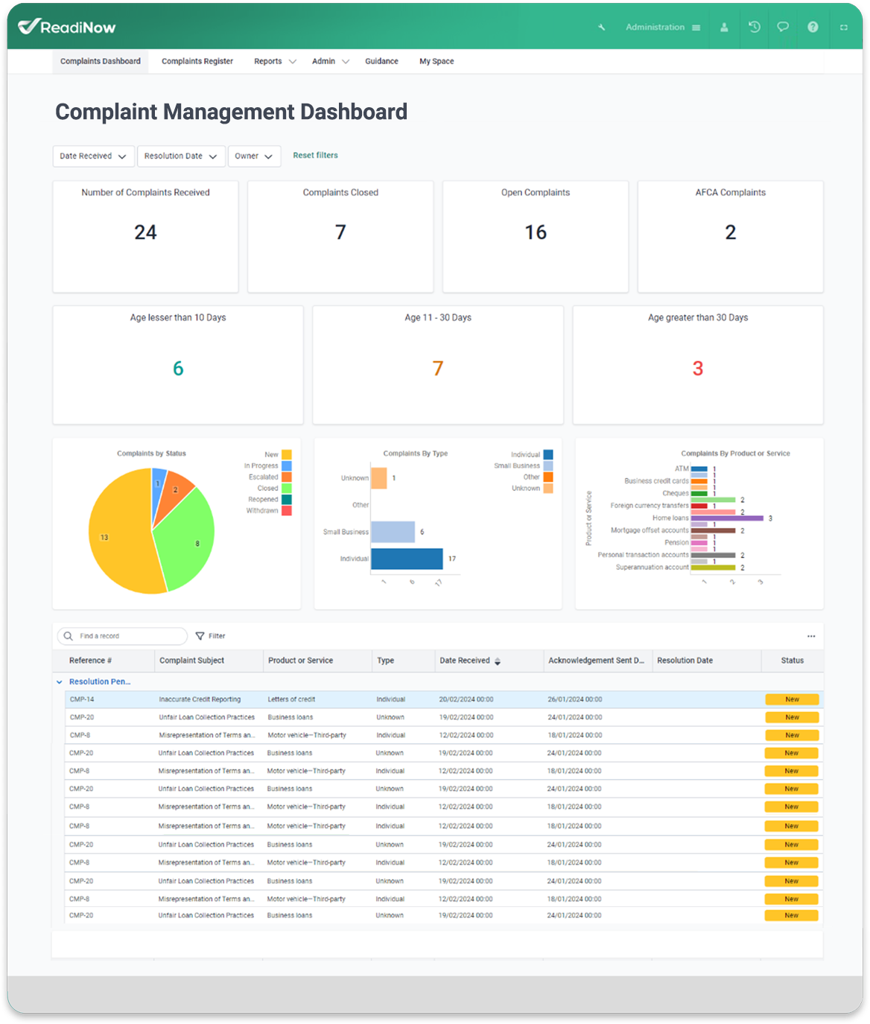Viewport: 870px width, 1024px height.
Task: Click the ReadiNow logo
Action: point(67,27)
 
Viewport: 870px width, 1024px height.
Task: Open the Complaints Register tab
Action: point(197,61)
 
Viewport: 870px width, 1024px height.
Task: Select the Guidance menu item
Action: point(381,61)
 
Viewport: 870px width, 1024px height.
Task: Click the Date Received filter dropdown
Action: point(93,156)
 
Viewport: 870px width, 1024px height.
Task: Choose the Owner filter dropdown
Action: point(254,156)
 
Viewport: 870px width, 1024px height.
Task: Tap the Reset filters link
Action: point(315,156)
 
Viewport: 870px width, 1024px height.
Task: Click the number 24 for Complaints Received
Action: point(145,232)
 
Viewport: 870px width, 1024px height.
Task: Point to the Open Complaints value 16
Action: point(536,232)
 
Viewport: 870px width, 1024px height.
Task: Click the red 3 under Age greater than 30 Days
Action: point(698,369)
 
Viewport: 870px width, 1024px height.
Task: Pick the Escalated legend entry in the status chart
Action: point(264,477)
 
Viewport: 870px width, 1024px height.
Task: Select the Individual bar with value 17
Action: point(407,559)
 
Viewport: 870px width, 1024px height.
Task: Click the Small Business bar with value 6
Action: point(393,532)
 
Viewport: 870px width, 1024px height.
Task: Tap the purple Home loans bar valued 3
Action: point(727,518)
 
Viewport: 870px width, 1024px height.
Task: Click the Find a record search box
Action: point(123,636)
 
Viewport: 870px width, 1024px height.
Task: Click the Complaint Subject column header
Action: point(192,661)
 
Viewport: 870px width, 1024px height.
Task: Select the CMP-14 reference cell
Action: point(82,699)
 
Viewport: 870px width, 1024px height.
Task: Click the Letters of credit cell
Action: point(291,699)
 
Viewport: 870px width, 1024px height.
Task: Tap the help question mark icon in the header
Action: point(813,27)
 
